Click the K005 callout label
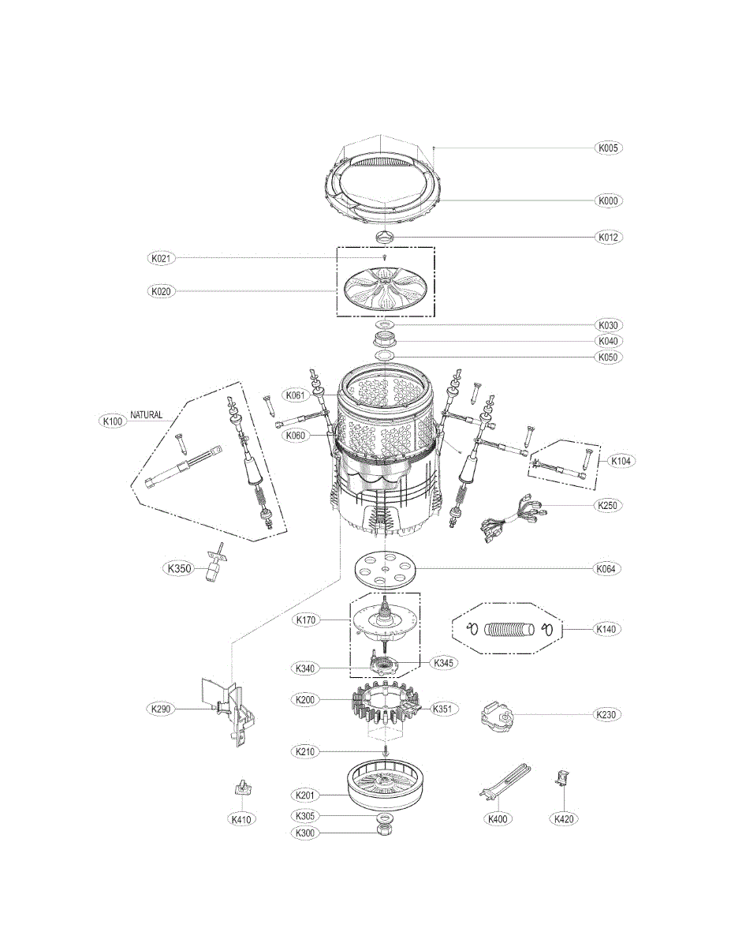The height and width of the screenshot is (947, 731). click(608, 148)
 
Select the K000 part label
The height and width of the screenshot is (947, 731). click(608, 200)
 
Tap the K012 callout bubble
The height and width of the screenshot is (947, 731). click(608, 237)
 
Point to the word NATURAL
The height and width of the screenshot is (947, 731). click(147, 414)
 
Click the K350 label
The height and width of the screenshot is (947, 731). click(178, 567)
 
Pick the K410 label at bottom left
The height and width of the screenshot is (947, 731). click(241, 819)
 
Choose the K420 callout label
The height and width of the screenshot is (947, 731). click(564, 819)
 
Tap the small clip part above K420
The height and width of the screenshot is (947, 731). click(562, 780)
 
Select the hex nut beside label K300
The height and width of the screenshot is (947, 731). click(385, 831)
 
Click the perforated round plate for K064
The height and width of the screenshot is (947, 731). click(385, 568)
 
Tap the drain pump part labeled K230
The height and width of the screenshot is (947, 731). click(495, 715)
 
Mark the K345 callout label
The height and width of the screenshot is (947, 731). click(444, 663)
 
